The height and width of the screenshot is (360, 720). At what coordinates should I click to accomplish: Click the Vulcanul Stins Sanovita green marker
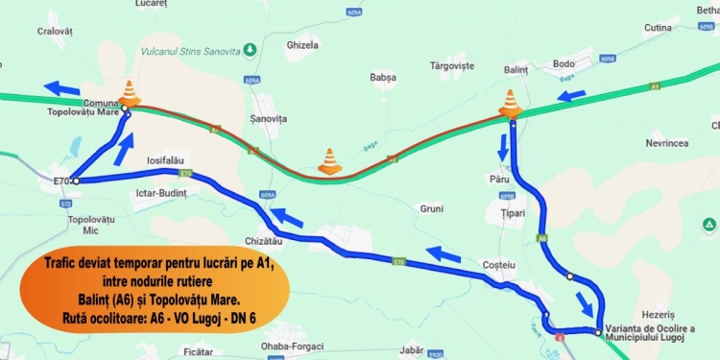(x=250, y=49)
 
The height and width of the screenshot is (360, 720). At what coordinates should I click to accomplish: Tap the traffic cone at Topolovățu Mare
(x=129, y=93)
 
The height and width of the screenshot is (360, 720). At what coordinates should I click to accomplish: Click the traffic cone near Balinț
(x=511, y=103)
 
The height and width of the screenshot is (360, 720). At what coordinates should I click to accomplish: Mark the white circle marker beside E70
(x=75, y=180)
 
